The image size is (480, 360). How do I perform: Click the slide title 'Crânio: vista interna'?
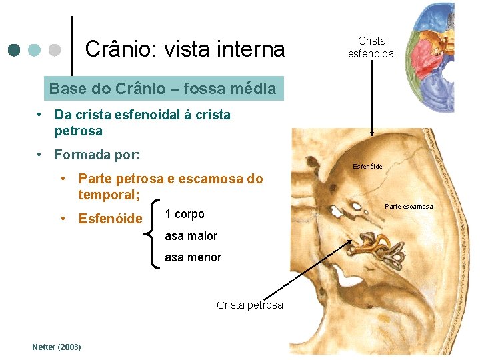pos(185,49)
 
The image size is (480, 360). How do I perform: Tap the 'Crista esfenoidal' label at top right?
pos(371,47)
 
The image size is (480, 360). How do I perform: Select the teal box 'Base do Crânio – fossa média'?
pos(162,88)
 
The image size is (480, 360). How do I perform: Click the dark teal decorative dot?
pos(14,50)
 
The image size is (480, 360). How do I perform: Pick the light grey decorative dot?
pos(55,50)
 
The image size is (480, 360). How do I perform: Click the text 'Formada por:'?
pos(97,155)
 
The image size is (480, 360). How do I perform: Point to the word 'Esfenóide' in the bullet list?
pos(110,219)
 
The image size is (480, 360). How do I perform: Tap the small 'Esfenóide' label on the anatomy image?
pos(367,167)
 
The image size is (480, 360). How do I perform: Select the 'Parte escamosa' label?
pos(409,206)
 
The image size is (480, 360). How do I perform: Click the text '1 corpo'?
pos(184,214)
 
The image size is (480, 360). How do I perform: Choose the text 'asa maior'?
pos(191,236)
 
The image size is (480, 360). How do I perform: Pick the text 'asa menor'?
pos(193,257)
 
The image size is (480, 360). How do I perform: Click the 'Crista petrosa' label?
pos(249,305)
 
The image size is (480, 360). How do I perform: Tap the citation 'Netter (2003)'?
pos(57,347)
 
